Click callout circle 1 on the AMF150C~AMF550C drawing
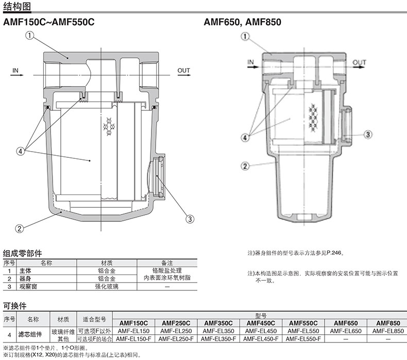[29, 36]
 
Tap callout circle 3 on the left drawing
[190, 219]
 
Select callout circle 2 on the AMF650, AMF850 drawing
[245, 166]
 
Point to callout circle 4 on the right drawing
[245, 137]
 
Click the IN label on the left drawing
[15, 71]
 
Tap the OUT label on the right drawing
[359, 62]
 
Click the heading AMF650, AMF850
[243, 22]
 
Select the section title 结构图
[17, 6]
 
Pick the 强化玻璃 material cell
[107, 286]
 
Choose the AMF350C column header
[218, 323]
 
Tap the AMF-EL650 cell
[346, 331]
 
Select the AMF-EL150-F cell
[133, 339]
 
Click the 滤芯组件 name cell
[30, 335]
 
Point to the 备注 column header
[167, 263]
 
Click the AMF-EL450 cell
[261, 331]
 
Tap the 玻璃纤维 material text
[63, 332]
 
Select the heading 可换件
[15, 306]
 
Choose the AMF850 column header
[388, 323]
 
